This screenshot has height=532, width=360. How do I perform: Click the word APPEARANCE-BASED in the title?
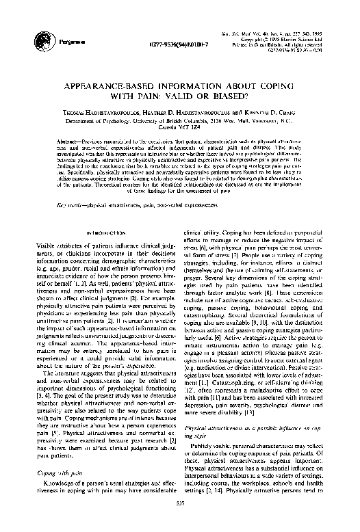click(x=123, y=90)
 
